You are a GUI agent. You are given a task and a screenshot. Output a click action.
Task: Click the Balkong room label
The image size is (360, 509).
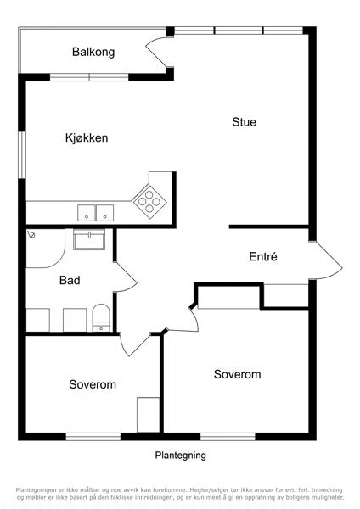click(x=93, y=52)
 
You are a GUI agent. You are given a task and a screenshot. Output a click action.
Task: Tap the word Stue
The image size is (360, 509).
click(x=244, y=122)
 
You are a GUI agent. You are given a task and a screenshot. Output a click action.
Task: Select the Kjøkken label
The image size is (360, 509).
click(x=87, y=138)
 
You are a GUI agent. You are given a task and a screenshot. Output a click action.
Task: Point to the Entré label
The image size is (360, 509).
click(x=263, y=256)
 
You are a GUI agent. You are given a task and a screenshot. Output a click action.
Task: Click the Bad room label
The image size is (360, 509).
click(x=70, y=280)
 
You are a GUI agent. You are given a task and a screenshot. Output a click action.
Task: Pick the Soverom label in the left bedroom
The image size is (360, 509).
click(x=93, y=384)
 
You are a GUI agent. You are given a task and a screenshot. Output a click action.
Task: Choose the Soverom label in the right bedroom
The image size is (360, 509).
click(x=238, y=374)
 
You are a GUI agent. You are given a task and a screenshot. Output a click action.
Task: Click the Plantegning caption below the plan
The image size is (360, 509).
click(x=180, y=455)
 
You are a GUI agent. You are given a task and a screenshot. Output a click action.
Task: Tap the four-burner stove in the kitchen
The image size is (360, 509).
click(x=149, y=202)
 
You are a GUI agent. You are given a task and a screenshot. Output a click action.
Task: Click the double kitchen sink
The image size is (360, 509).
click(x=96, y=213)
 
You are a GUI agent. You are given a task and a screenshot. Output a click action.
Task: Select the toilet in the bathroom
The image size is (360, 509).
click(x=101, y=318)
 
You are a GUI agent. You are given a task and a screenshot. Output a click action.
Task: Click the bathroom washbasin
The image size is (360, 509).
click(x=89, y=239)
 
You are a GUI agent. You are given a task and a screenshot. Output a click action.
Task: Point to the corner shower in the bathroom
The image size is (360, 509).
click(x=46, y=249)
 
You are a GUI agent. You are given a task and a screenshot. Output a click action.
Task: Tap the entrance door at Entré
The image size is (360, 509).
click(x=325, y=260)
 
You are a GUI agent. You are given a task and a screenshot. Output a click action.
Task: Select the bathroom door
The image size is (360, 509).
click(x=126, y=277)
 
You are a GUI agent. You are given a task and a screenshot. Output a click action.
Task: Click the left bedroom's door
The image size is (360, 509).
click(x=134, y=344)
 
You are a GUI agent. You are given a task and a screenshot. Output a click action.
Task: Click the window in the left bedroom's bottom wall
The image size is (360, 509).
click(x=93, y=437)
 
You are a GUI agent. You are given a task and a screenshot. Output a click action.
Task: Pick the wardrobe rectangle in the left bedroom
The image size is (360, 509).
click(x=148, y=415)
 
